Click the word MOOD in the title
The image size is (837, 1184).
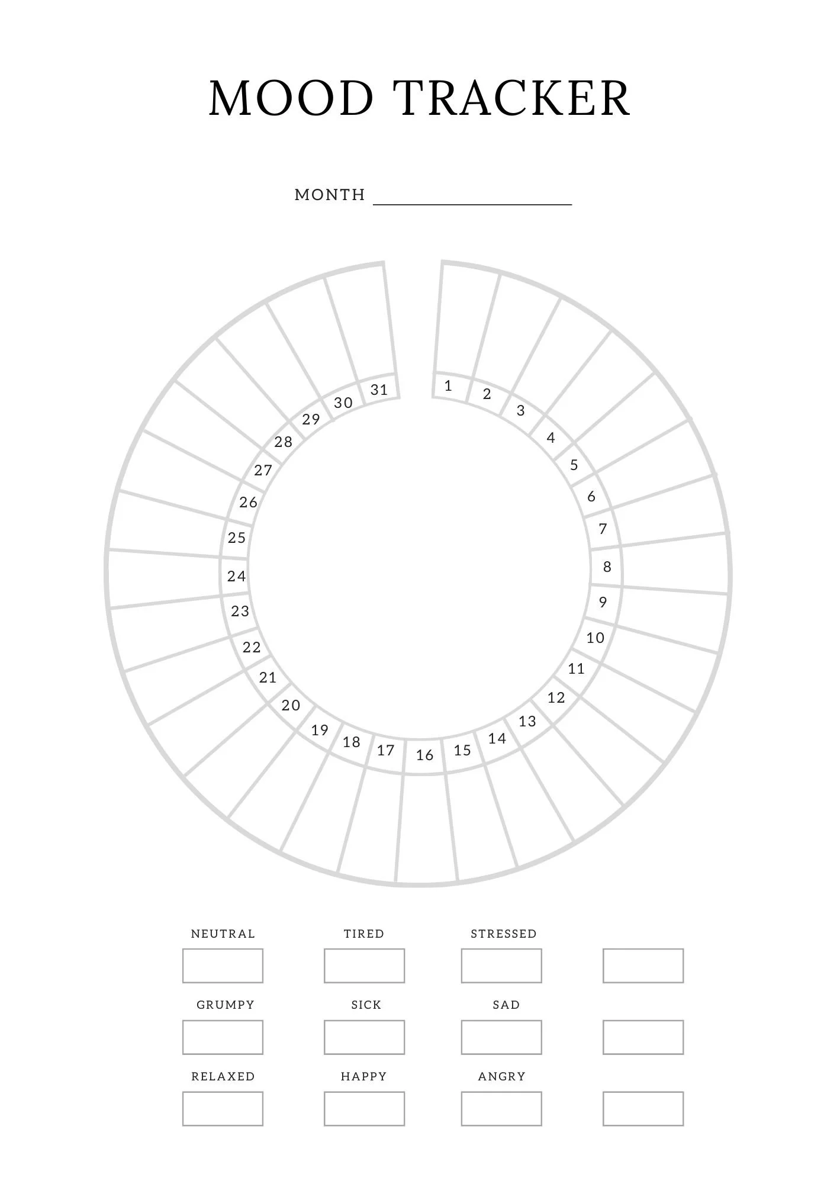click(x=291, y=98)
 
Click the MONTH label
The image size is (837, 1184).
click(x=330, y=195)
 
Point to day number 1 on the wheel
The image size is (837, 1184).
click(x=448, y=386)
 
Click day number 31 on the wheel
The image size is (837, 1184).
click(x=379, y=390)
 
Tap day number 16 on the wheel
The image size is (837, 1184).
click(x=424, y=755)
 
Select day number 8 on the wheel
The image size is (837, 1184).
click(x=607, y=567)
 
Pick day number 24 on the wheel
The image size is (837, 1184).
click(x=236, y=576)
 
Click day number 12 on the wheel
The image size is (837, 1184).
click(x=556, y=697)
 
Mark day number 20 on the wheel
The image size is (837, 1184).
click(x=291, y=705)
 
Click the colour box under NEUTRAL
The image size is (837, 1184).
click(x=223, y=966)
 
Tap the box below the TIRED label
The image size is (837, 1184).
click(x=364, y=966)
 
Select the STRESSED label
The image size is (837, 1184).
click(x=504, y=934)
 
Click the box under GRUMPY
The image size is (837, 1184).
click(x=223, y=1037)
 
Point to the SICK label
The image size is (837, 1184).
click(x=366, y=1005)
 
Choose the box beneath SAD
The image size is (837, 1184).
click(x=501, y=1037)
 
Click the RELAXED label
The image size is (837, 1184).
click(x=223, y=1076)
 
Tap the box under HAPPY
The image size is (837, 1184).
click(x=364, y=1109)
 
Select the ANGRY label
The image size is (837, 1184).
click(x=502, y=1076)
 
